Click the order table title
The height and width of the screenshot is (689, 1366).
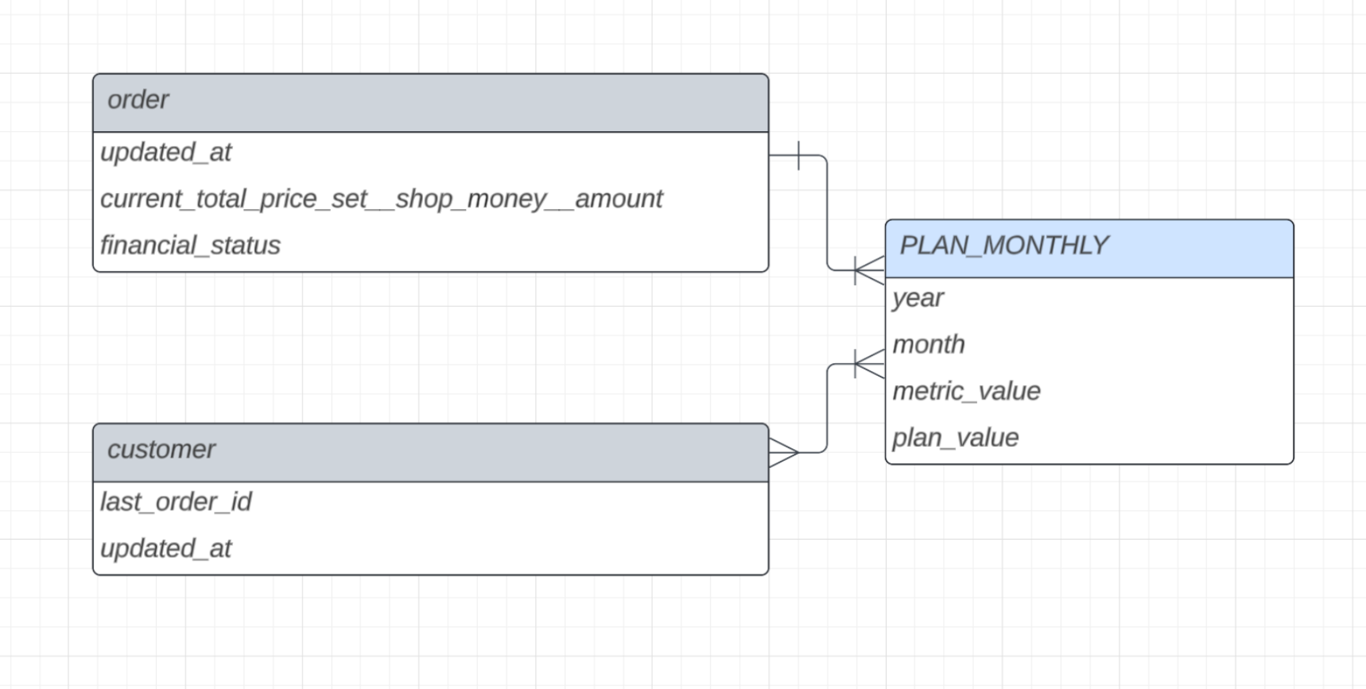click(138, 100)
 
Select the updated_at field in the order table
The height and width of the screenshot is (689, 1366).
click(165, 153)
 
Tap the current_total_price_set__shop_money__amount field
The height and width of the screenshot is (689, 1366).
click(381, 199)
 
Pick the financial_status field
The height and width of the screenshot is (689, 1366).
click(190, 246)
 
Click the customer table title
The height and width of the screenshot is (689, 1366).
click(161, 450)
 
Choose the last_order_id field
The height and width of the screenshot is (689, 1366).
click(176, 502)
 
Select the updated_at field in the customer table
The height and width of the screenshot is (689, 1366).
click(165, 548)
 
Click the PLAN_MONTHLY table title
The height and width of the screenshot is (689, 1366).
click(1003, 246)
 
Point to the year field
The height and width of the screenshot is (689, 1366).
click(918, 298)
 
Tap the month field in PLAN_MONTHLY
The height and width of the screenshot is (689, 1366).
click(928, 345)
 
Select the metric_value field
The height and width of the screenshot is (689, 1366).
click(966, 391)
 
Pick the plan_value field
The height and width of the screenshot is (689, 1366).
click(955, 438)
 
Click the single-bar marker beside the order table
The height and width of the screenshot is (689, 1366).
click(798, 156)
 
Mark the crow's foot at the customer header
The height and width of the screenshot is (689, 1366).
click(783, 452)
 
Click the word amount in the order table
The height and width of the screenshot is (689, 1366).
click(619, 199)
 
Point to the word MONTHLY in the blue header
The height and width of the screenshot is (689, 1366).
click(1045, 246)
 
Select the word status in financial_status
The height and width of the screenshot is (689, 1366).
click(245, 246)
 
